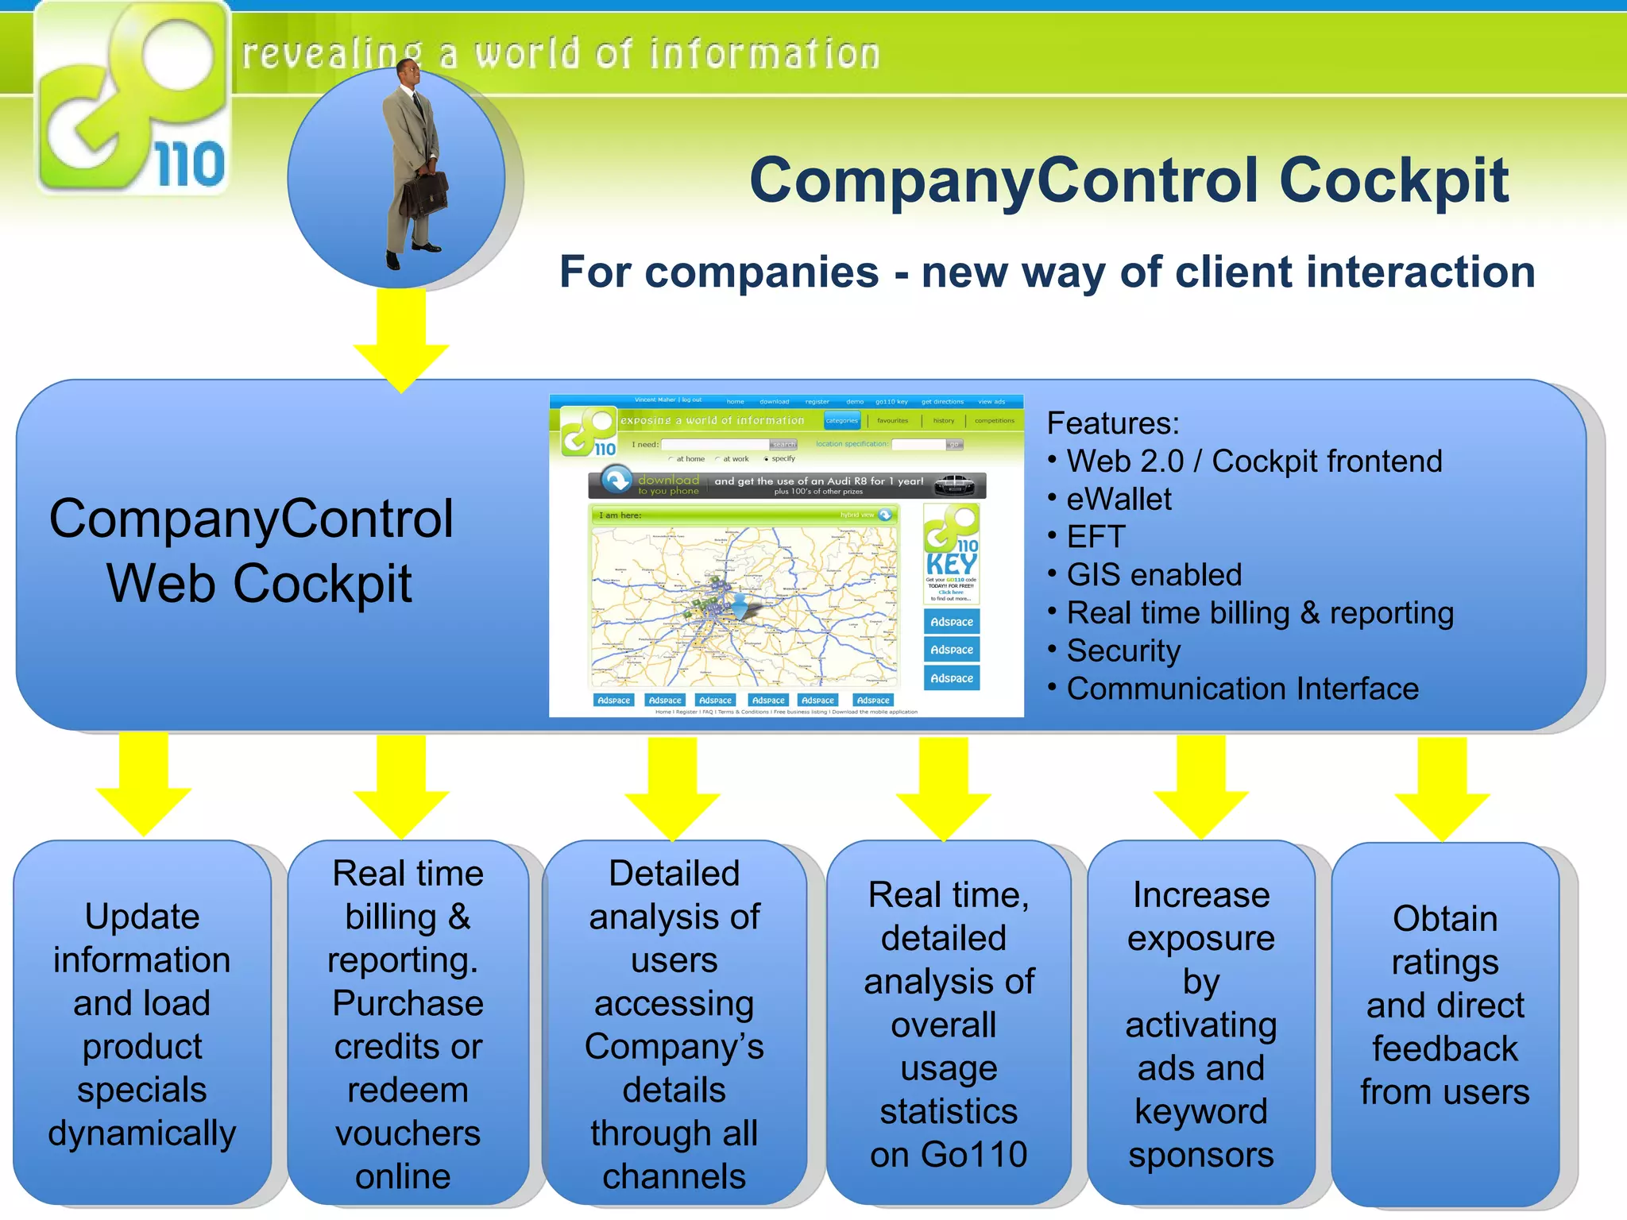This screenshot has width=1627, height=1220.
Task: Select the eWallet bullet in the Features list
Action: [1118, 500]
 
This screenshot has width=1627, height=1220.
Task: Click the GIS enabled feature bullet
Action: [1153, 575]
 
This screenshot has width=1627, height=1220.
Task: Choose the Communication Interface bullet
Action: [1241, 689]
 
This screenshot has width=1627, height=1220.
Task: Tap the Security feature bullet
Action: [1123, 651]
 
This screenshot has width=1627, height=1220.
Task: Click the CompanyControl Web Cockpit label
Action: [253, 551]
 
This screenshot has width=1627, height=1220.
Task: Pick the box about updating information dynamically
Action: [142, 1025]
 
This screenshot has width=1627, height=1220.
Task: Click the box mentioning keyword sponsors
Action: [1200, 1025]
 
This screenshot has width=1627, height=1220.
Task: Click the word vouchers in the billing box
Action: [408, 1133]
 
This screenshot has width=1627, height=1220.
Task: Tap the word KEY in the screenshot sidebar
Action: [951, 565]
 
